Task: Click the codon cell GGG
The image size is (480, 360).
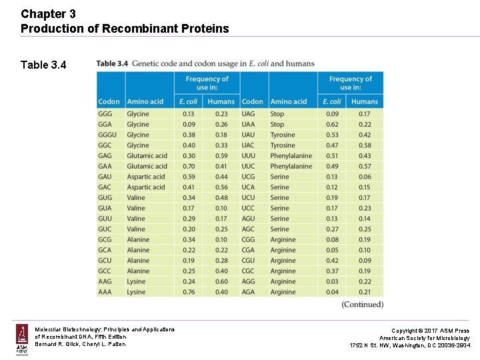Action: (105, 114)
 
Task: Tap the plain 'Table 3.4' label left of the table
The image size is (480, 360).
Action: (43, 65)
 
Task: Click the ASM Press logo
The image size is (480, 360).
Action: (22, 339)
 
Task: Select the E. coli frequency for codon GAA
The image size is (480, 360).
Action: (189, 166)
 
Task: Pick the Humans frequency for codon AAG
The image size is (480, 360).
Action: (221, 281)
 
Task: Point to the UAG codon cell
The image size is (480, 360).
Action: (249, 114)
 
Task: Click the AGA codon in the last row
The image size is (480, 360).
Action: (249, 292)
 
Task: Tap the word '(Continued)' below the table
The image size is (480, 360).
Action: (362, 305)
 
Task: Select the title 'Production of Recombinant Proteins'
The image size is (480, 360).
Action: (125, 28)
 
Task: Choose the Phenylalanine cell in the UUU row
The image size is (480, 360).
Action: (291, 156)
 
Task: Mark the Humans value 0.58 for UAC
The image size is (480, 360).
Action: (365, 145)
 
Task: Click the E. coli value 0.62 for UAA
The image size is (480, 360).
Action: (332, 124)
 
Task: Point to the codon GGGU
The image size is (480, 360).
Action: (107, 135)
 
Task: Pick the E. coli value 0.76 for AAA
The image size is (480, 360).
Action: (189, 292)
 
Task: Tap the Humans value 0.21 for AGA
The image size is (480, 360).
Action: (365, 292)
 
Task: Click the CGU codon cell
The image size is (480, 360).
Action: (249, 261)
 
